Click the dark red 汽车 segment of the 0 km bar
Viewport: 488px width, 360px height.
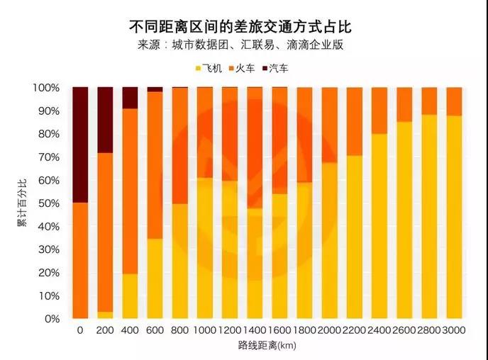click(80, 145)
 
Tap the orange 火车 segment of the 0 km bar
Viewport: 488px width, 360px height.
click(80, 261)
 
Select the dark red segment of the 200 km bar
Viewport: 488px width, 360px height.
click(105, 120)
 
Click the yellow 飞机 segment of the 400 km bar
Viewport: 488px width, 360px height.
click(130, 296)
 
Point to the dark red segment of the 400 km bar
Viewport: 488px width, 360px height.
click(130, 98)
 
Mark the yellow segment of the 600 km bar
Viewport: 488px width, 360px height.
click(155, 279)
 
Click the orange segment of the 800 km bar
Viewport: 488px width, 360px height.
click(180, 145)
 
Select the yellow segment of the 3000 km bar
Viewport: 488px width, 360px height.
click(454, 217)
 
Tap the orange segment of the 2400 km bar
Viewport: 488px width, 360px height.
click(379, 110)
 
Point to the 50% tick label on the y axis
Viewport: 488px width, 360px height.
click(50, 203)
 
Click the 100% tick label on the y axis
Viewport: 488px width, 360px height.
click(48, 88)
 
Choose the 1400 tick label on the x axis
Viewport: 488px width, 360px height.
click(254, 331)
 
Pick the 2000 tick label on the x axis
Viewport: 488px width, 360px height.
click(329, 331)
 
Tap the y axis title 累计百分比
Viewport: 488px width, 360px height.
click(21, 203)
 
